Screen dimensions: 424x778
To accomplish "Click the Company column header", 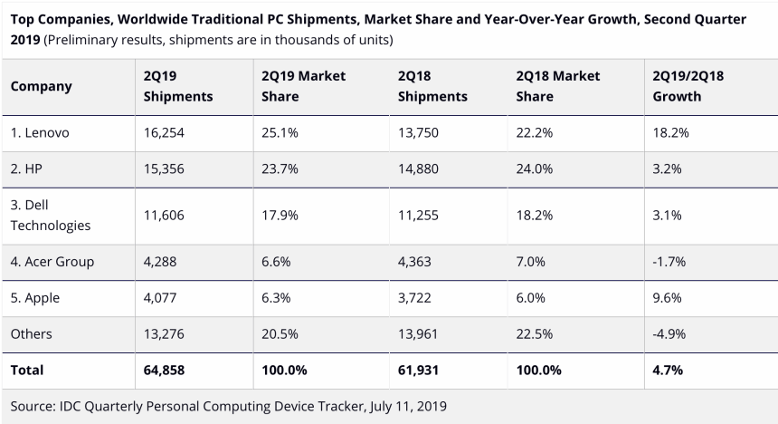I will point(41,86).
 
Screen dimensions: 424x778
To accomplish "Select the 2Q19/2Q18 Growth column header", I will point(688,86).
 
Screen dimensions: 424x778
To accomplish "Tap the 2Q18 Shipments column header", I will point(432,86).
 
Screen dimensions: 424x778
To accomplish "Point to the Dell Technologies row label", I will point(51,216).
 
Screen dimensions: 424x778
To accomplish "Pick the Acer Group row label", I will point(52,262).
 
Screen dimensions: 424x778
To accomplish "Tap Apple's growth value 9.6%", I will point(669,297).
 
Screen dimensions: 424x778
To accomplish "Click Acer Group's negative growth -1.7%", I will point(670,262).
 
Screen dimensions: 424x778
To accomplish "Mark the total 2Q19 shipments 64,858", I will point(166,370).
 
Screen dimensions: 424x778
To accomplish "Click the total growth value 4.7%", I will point(668,370).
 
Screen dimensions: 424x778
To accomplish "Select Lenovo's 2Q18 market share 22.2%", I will point(534,132).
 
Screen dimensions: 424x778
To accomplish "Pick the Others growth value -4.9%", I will point(670,333).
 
